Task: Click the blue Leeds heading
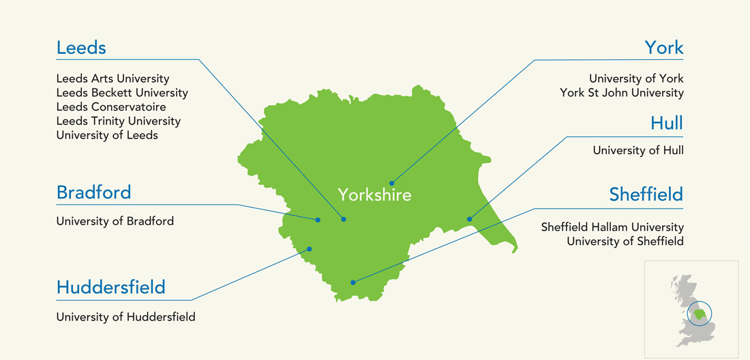(81, 48)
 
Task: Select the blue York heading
(663, 48)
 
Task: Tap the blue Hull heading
(666, 123)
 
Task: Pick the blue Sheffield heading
(646, 195)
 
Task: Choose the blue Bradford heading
(93, 192)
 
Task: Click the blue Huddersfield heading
(110, 287)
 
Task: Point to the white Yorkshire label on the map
(374, 196)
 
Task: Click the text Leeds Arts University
(112, 79)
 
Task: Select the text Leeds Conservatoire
(111, 107)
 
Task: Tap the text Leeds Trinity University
(119, 121)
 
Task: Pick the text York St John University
(621, 93)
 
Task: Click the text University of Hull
(637, 150)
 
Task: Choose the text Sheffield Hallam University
(612, 227)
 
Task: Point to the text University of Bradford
(115, 221)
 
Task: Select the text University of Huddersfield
(125, 316)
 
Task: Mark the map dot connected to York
(391, 183)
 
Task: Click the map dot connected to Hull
(469, 219)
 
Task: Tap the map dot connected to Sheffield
(352, 282)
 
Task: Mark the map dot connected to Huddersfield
(310, 249)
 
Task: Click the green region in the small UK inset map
(698, 314)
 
